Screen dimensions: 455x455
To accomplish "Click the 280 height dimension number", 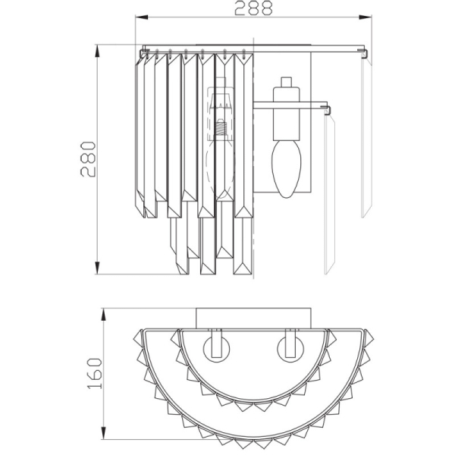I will pyautogui.click(x=89, y=158).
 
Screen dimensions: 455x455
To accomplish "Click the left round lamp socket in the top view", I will pyautogui.click(x=214, y=349).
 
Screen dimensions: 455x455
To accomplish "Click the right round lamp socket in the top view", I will pyautogui.click(x=289, y=349).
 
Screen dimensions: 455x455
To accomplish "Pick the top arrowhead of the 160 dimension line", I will pyautogui.click(x=103, y=312).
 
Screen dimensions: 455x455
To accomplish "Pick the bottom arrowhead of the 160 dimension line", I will pyautogui.click(x=103, y=438).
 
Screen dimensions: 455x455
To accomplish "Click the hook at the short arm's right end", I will pyautogui.click(x=330, y=110).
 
